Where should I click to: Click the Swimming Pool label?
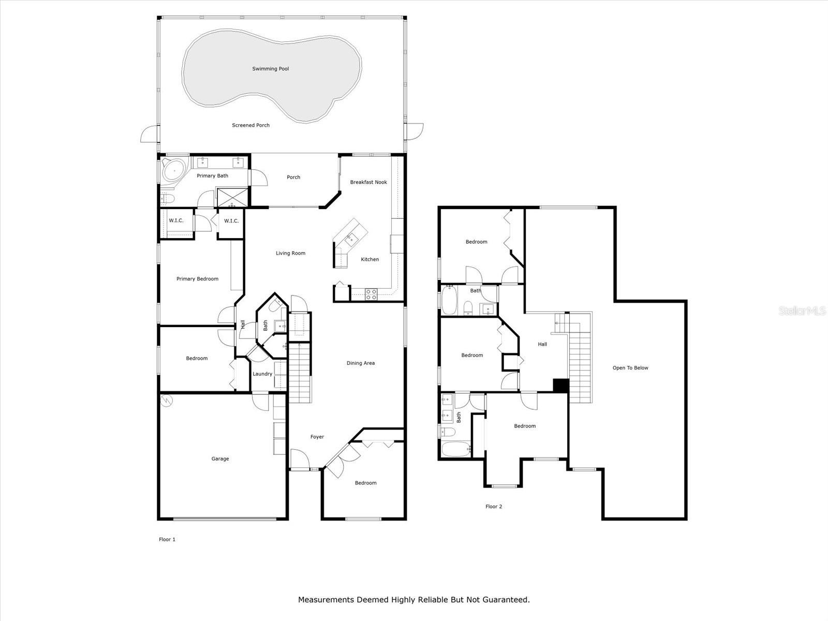click(x=270, y=69)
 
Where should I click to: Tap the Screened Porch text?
click(x=250, y=125)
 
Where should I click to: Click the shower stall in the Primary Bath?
click(x=232, y=198)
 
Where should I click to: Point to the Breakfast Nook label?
click(x=368, y=182)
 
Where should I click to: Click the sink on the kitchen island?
click(x=350, y=238)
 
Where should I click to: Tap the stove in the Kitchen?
click(x=372, y=294)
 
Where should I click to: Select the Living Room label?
click(x=290, y=253)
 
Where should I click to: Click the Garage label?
click(x=220, y=459)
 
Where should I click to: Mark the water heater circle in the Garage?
click(x=167, y=401)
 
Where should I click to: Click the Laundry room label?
click(x=262, y=374)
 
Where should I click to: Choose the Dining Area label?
click(x=361, y=363)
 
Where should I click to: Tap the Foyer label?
click(x=317, y=437)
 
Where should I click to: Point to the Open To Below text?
click(x=630, y=368)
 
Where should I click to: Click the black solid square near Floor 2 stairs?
click(x=561, y=386)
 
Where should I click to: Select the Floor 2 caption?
click(x=494, y=507)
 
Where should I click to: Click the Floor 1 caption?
click(x=167, y=539)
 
